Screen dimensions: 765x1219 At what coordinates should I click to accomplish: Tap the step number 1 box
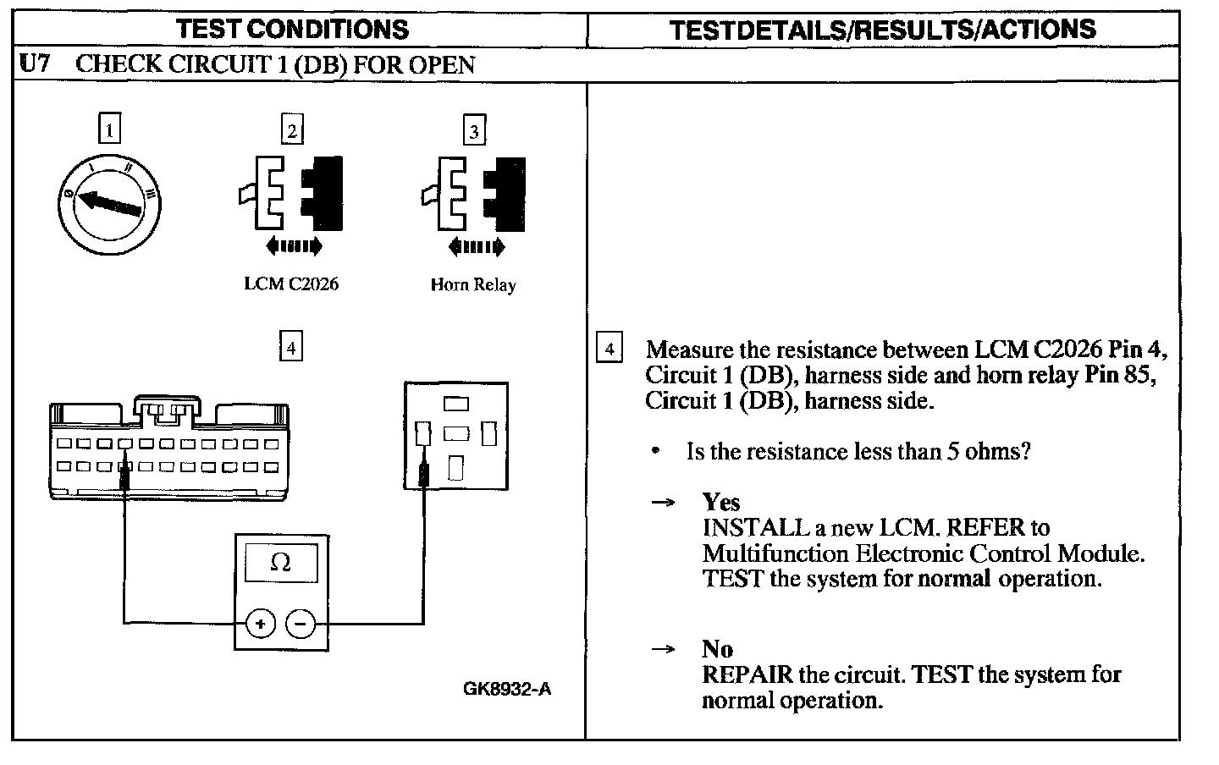click(110, 129)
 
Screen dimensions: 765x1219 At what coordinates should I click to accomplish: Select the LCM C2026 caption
click(290, 284)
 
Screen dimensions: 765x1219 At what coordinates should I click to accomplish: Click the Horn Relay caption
click(472, 285)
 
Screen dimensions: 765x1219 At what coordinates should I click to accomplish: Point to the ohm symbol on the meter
click(280, 563)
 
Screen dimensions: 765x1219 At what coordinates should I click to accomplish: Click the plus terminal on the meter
click(260, 625)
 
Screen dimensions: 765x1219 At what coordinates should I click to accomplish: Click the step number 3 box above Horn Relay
click(474, 131)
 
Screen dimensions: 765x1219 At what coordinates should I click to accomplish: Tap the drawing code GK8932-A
click(506, 689)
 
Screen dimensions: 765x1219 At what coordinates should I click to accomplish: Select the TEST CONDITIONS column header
click(293, 30)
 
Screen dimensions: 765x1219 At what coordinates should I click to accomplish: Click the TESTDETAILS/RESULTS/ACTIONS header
click(882, 30)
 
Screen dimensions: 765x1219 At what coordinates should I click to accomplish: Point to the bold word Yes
click(720, 503)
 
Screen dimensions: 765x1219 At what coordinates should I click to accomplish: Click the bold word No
click(717, 649)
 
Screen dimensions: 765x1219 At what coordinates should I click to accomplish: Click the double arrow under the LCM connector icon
click(294, 246)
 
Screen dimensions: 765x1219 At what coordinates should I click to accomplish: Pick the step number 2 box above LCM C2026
click(292, 131)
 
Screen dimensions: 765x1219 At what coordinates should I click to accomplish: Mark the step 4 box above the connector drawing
click(290, 347)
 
